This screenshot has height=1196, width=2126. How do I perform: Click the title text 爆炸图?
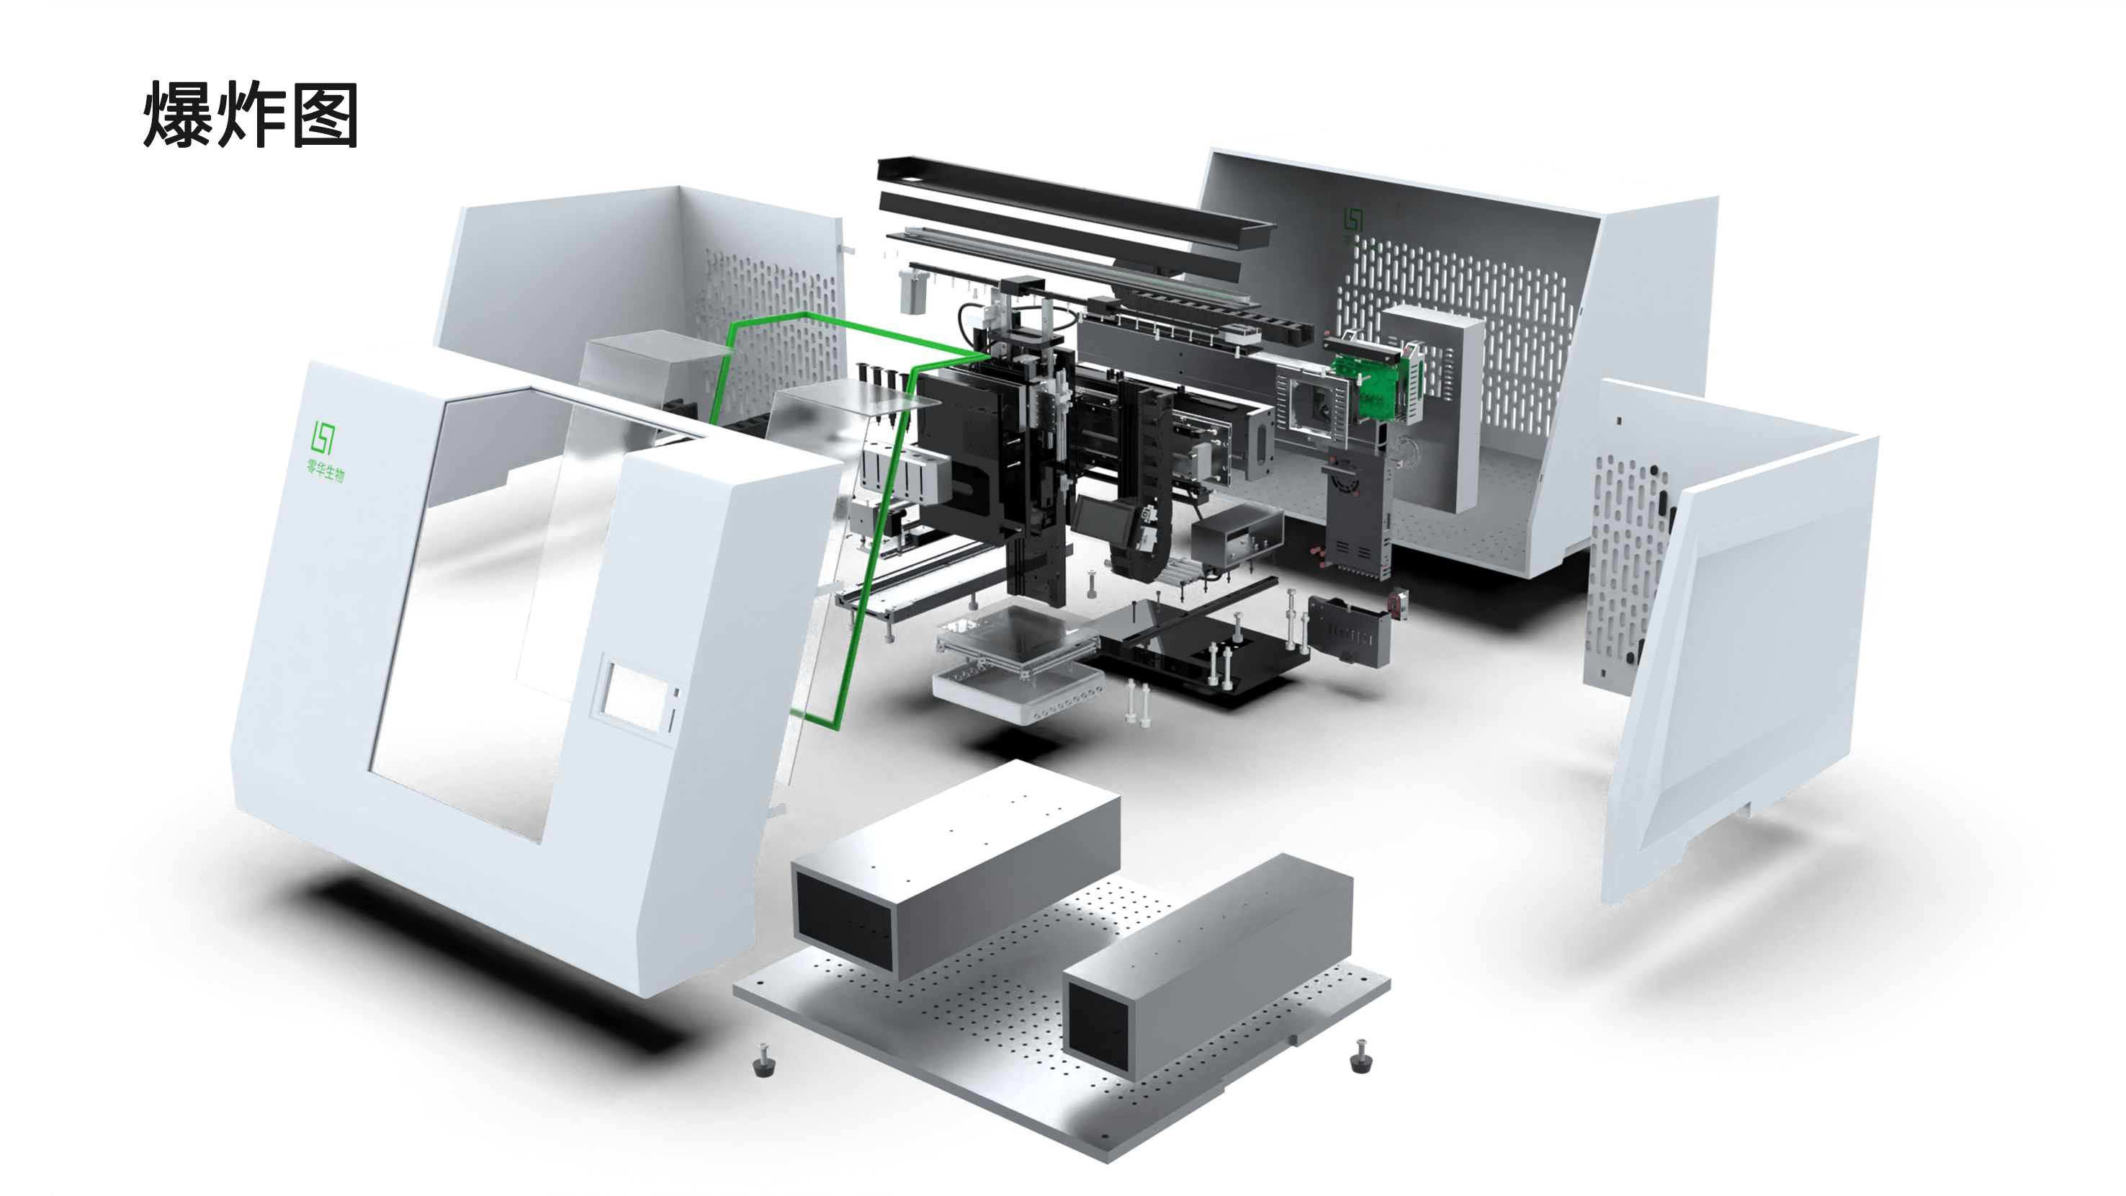point(250,115)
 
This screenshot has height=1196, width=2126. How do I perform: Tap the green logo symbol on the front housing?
point(322,436)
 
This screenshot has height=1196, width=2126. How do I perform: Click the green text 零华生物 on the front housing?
point(326,470)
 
